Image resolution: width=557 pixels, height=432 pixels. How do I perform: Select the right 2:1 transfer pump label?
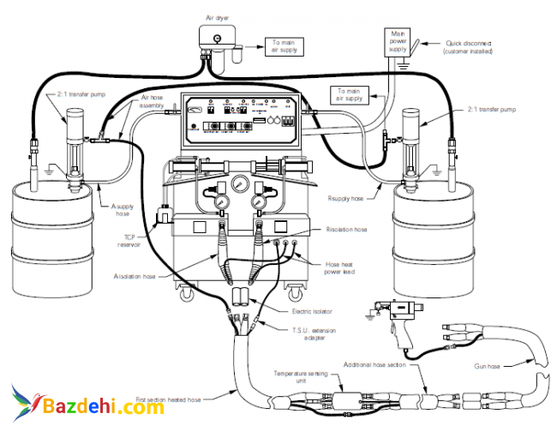pos(492,110)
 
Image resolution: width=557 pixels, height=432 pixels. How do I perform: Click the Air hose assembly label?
pos(153,102)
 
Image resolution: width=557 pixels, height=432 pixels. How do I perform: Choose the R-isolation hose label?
pos(345,229)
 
